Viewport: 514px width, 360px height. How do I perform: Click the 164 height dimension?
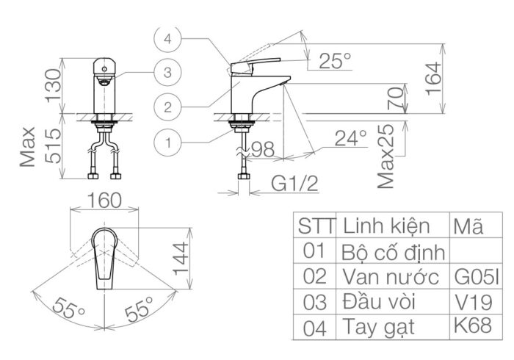(434, 73)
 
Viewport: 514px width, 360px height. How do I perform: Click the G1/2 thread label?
(292, 182)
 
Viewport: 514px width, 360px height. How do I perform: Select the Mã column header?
(469, 226)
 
